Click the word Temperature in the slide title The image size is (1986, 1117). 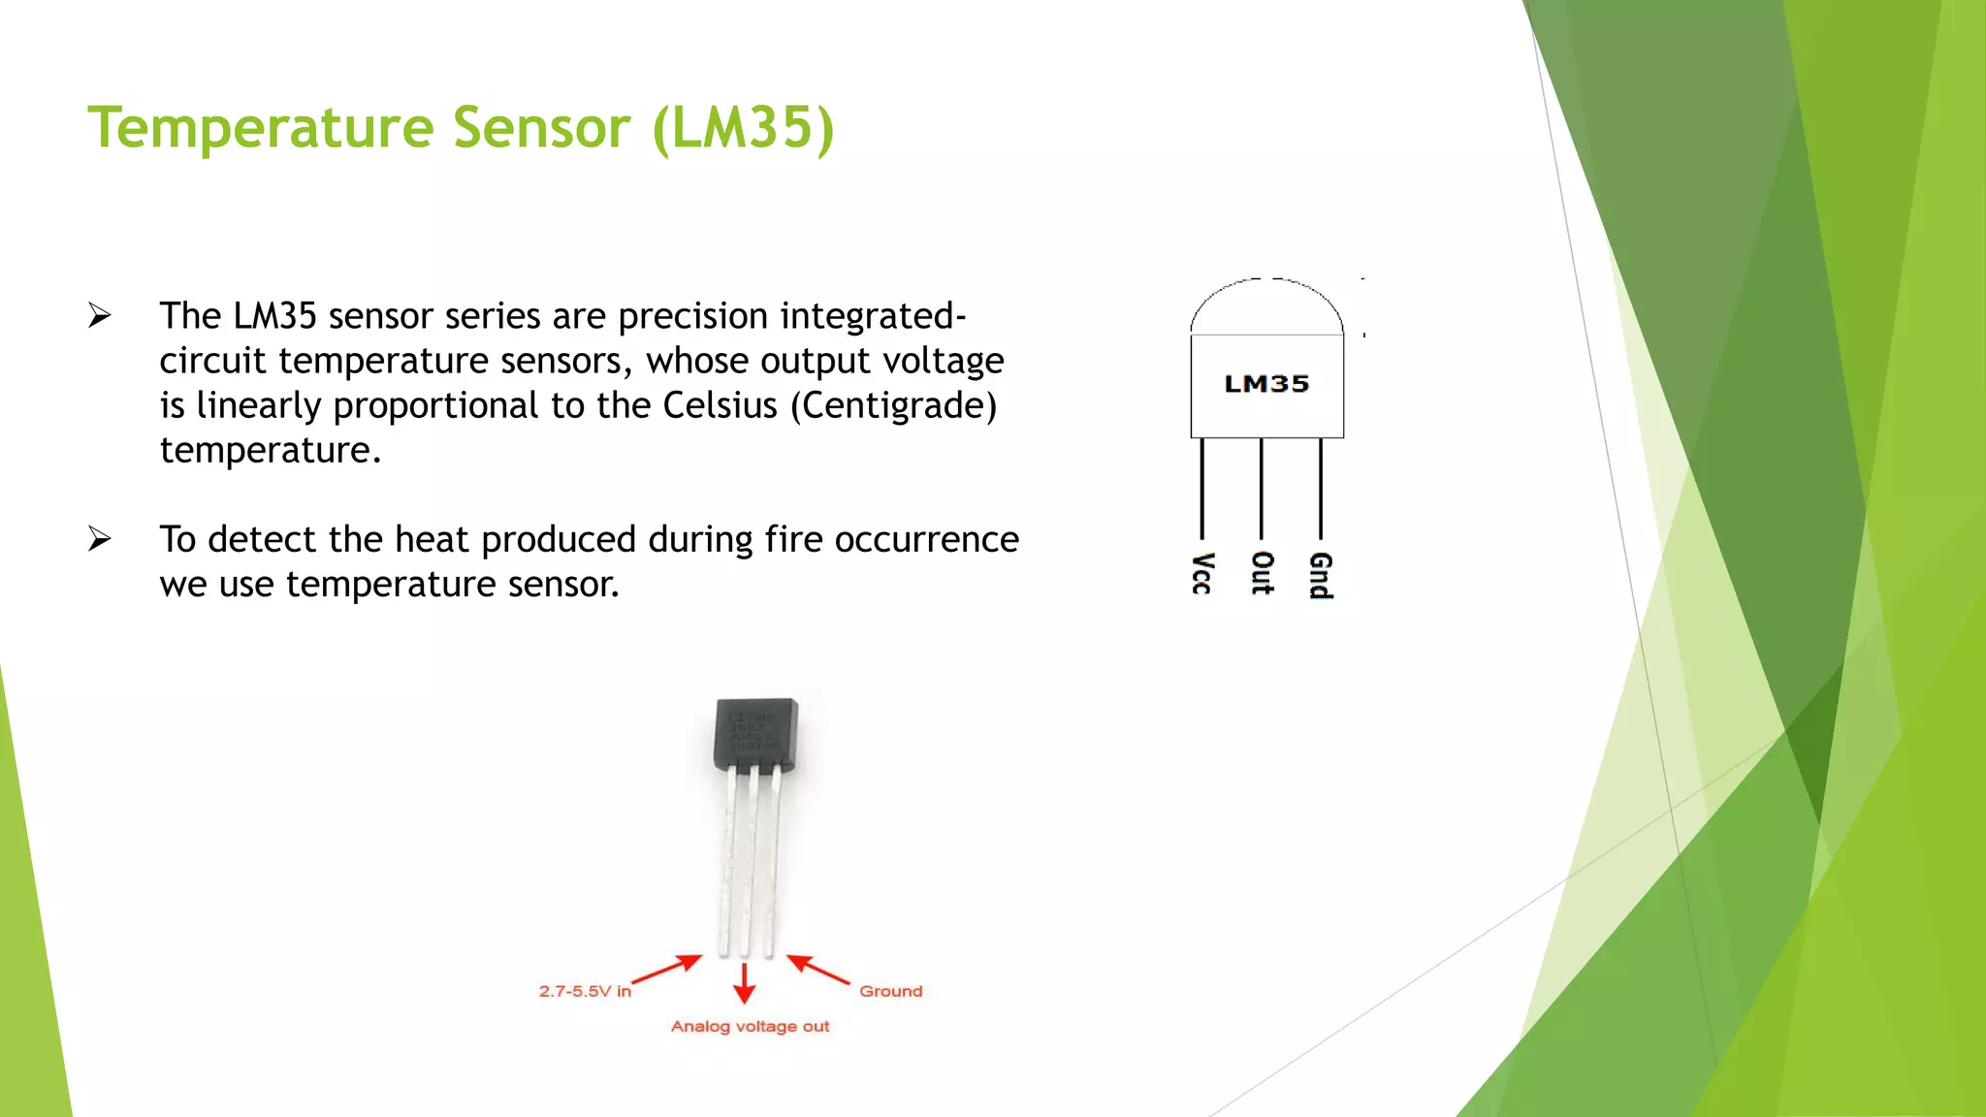point(260,127)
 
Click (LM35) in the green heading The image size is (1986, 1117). point(743,127)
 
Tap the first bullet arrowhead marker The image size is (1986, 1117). point(99,316)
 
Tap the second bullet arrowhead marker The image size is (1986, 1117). point(99,539)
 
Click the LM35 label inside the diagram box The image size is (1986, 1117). point(1266,384)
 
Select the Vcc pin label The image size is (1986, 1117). point(1202,573)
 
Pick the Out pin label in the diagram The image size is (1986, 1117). point(1262,573)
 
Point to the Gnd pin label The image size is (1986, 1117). point(1321,576)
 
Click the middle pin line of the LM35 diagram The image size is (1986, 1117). point(1262,489)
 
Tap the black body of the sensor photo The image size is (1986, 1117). point(755,733)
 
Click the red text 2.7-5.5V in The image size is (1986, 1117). point(585,991)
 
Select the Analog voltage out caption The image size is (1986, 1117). point(750,1026)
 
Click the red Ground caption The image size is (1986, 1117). point(890,991)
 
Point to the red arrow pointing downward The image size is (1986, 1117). point(744,983)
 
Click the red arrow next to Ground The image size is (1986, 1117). point(817,969)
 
